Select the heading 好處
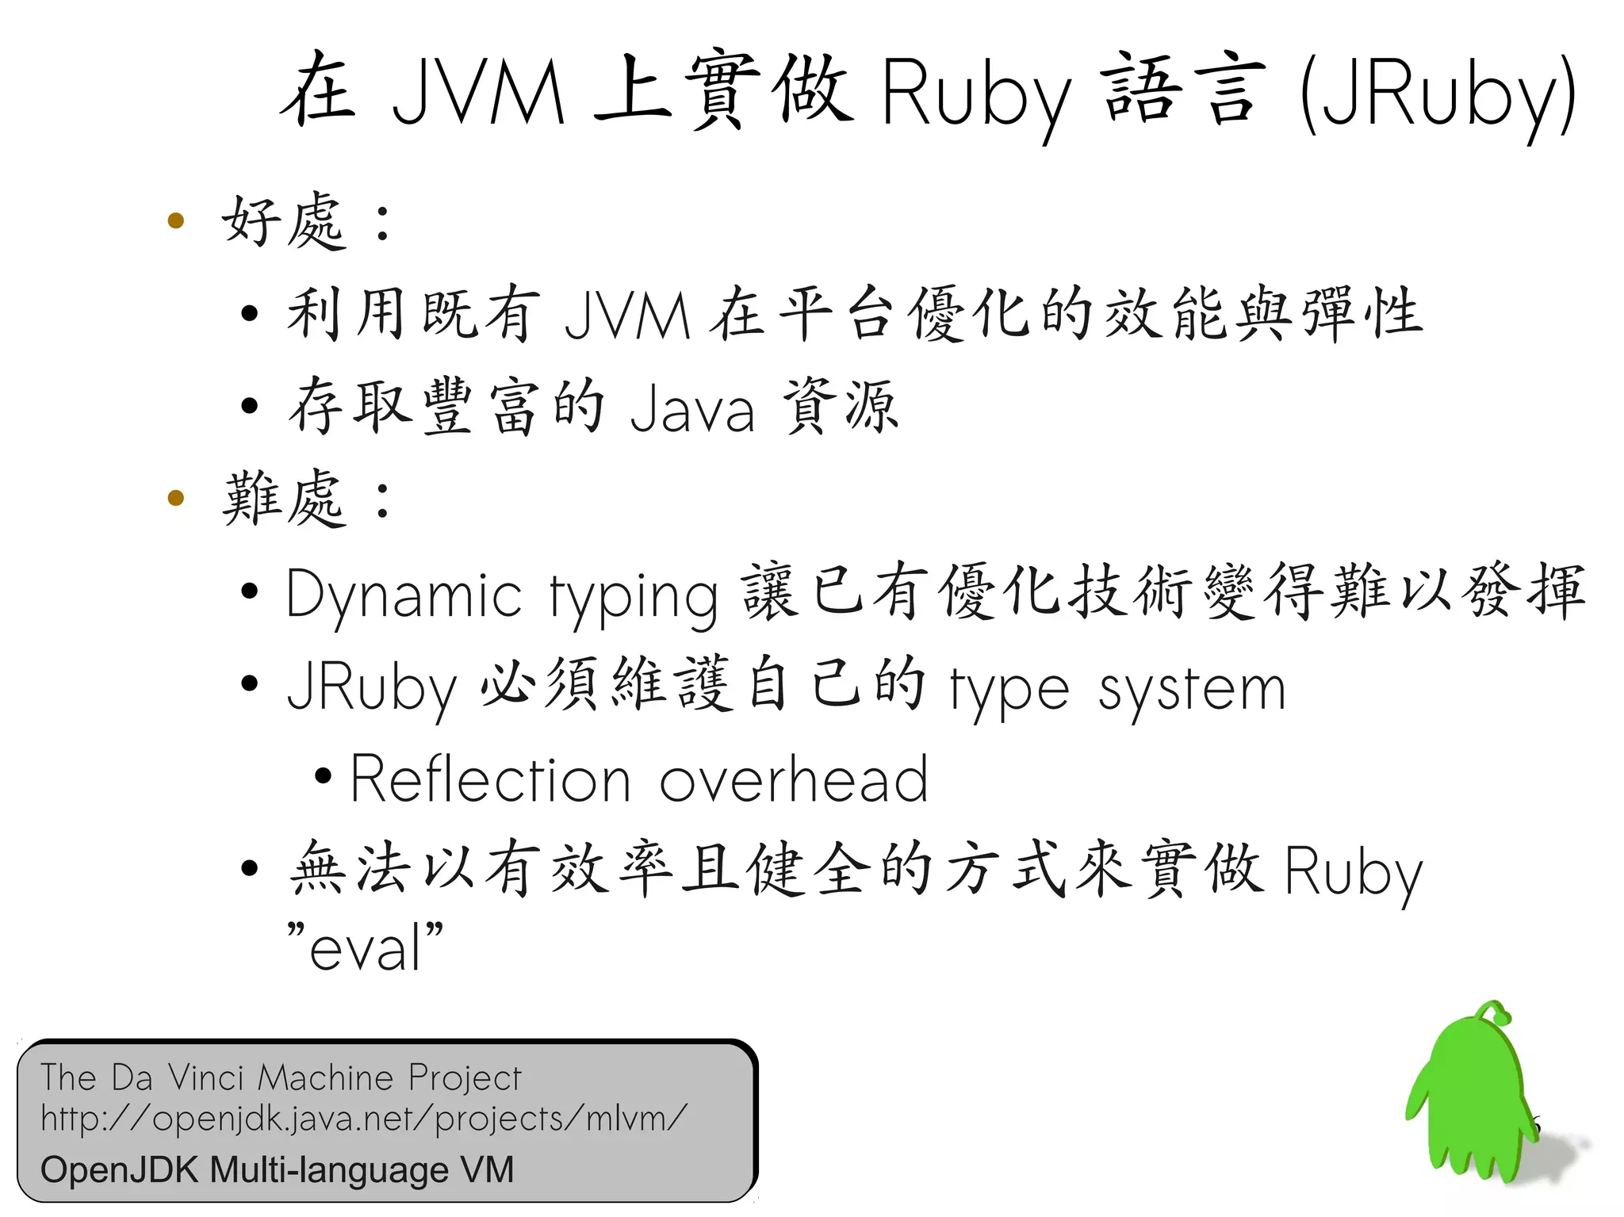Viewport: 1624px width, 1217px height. (x=284, y=221)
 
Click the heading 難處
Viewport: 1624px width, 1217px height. (x=284, y=499)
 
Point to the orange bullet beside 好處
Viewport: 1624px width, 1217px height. (x=176, y=220)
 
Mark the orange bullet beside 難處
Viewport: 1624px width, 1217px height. (x=176, y=498)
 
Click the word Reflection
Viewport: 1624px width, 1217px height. (x=491, y=780)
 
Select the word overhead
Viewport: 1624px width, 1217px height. (x=793, y=780)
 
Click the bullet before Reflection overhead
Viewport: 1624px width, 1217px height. (x=323, y=776)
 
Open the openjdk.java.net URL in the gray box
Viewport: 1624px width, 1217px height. (x=363, y=1119)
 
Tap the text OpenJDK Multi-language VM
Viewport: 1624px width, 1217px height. (x=278, y=1169)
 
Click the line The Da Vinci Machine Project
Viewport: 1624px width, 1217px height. (x=281, y=1077)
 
